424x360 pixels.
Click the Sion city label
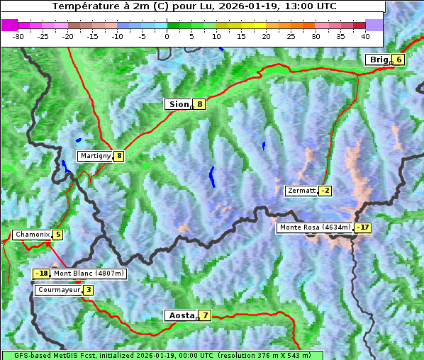(179, 104)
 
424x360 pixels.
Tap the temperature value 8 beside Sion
(200, 104)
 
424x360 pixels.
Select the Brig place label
(378, 60)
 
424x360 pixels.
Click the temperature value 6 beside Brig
(399, 60)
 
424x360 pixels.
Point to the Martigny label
(95, 156)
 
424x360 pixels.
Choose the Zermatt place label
(301, 191)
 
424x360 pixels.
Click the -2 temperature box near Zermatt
(325, 191)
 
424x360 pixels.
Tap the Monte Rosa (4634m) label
(315, 227)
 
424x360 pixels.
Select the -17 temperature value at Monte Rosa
(363, 227)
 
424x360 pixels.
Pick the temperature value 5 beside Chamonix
(57, 235)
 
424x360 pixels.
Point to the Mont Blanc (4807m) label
(89, 274)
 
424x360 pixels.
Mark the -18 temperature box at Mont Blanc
(42, 274)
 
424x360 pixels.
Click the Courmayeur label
(58, 290)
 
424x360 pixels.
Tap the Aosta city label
(180, 315)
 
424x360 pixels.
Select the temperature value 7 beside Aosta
(205, 315)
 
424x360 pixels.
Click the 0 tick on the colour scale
(167, 35)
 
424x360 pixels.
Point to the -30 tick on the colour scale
(18, 35)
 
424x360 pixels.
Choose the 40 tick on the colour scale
(365, 35)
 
